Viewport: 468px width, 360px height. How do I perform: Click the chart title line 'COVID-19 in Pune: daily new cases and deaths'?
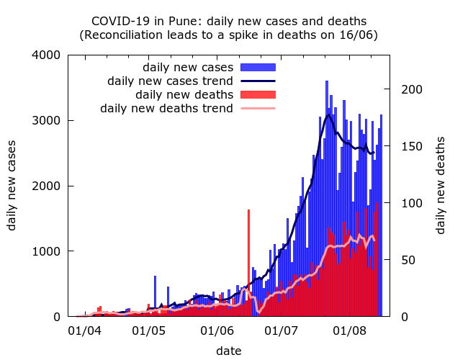[234, 21]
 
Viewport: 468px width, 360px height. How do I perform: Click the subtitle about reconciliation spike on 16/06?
[234, 34]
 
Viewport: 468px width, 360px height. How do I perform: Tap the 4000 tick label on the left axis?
[47, 55]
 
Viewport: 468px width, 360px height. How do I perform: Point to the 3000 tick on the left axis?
[47, 120]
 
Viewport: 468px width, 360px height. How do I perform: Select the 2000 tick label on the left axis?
[47, 186]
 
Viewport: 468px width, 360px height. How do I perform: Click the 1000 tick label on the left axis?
[47, 251]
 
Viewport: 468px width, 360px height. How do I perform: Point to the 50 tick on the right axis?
[408, 260]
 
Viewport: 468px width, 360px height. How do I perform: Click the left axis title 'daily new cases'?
[12, 185]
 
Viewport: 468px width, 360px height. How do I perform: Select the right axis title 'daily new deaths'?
[441, 185]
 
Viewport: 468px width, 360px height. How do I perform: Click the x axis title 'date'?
[229, 351]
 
